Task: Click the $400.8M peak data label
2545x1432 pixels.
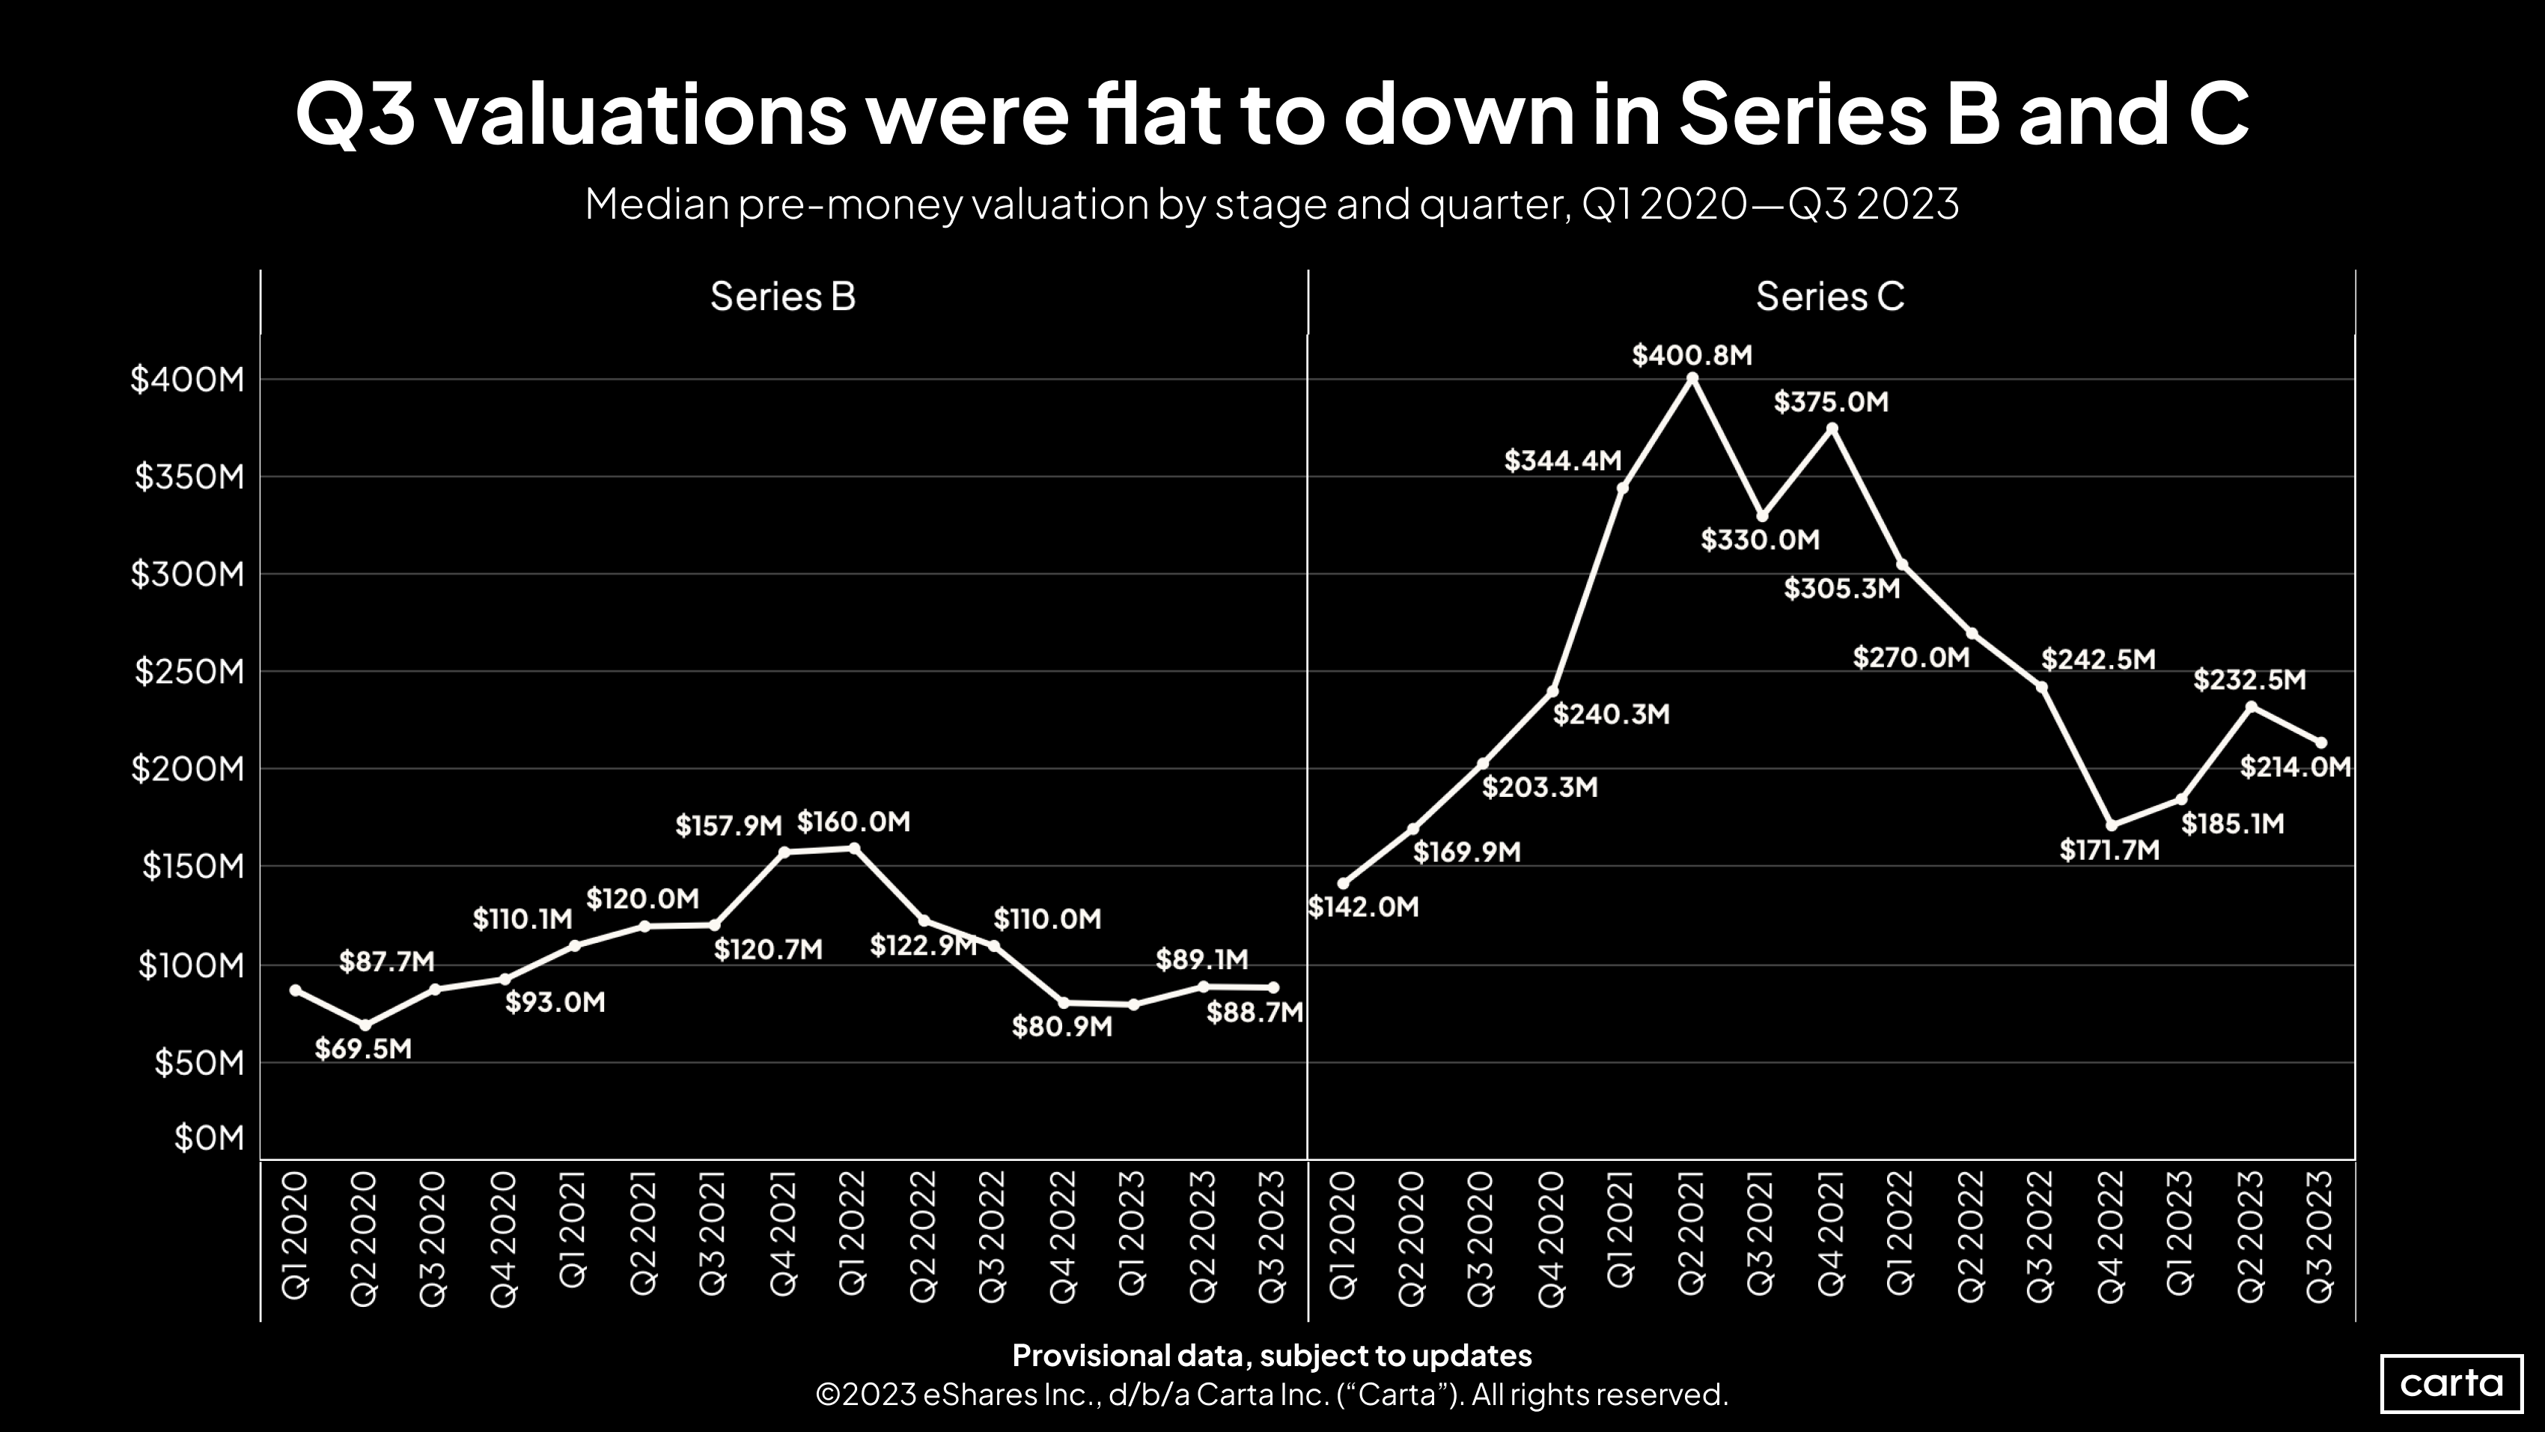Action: [1692, 355]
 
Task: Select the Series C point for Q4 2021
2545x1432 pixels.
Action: [1832, 428]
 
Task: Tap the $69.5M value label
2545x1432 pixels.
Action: [362, 1049]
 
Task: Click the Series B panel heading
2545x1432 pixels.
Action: [782, 297]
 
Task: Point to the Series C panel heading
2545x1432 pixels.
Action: [1829, 297]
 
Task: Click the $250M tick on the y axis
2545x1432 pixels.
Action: [189, 672]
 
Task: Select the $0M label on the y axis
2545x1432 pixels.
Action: [208, 1138]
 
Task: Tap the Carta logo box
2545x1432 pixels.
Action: [2451, 1383]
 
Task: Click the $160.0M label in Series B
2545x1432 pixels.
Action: [853, 822]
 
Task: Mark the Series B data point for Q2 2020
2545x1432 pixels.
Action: [365, 1025]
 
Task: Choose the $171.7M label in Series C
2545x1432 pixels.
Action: [2109, 850]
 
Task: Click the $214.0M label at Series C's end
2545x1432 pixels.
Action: [2294, 767]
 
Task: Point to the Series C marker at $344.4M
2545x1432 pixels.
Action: [1622, 488]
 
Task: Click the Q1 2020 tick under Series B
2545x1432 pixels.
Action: [296, 1235]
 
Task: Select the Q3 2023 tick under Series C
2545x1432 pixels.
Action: [2320, 1235]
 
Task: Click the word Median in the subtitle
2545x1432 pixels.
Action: [656, 204]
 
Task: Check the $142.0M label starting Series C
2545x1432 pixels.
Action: [1363, 907]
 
